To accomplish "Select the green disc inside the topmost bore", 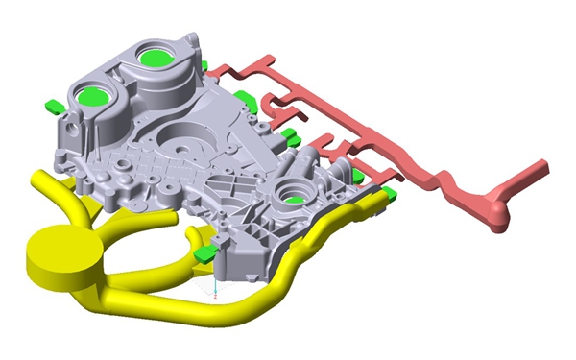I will click(153, 57).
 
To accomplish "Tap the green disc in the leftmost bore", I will click(94, 95).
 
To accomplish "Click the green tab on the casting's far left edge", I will click(54, 104).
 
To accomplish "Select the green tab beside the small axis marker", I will click(204, 252).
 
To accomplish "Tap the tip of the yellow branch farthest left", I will click(40, 177).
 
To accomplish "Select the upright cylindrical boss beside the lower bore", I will click(309, 167).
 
